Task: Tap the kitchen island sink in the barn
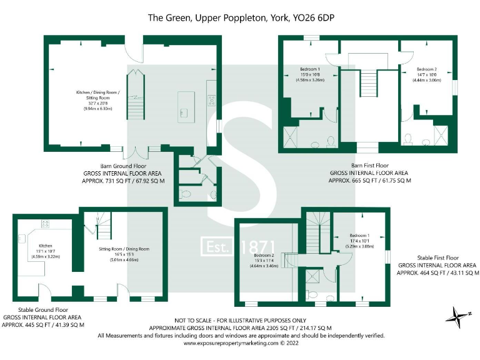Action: [x=184, y=112]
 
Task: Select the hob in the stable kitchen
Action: [x=46, y=223]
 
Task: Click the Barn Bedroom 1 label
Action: [x=310, y=69]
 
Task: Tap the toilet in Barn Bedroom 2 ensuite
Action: [x=408, y=139]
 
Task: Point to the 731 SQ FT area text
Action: [x=124, y=181]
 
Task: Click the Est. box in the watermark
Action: [x=219, y=247]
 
